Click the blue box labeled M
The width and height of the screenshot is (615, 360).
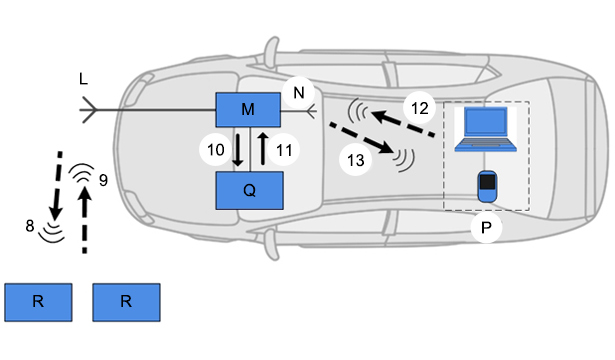click(x=248, y=110)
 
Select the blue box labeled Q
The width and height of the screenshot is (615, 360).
click(x=249, y=190)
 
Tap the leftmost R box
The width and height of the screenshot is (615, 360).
click(x=38, y=302)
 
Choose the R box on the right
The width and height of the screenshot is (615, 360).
click(x=126, y=302)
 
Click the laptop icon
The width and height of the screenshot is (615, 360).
click(x=486, y=129)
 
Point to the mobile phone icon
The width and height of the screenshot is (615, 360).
click(x=487, y=186)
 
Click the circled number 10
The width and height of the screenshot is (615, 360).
click(x=215, y=150)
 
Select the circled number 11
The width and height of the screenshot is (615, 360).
click(x=284, y=150)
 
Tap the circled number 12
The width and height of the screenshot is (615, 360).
click(x=420, y=108)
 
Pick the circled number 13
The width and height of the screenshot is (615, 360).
click(x=355, y=160)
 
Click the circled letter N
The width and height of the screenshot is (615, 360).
click(x=298, y=93)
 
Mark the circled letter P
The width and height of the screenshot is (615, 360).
click(x=486, y=227)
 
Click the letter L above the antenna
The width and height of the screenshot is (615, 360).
click(x=83, y=79)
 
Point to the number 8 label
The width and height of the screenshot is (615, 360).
click(x=30, y=226)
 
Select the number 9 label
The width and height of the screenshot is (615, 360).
click(x=103, y=180)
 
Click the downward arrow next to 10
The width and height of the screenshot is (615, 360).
click(x=238, y=150)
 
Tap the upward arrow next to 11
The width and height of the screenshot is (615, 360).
click(x=263, y=148)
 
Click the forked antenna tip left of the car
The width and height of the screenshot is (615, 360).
click(x=89, y=110)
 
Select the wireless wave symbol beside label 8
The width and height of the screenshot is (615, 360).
click(x=52, y=232)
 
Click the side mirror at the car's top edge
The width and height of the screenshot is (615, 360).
click(x=271, y=51)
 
